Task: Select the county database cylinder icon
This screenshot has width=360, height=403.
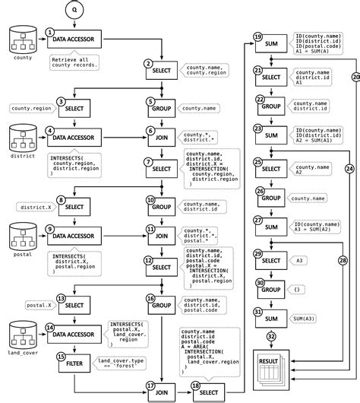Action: pyautogui.click(x=21, y=40)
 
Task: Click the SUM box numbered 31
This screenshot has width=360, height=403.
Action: pyautogui.click(x=270, y=317)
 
